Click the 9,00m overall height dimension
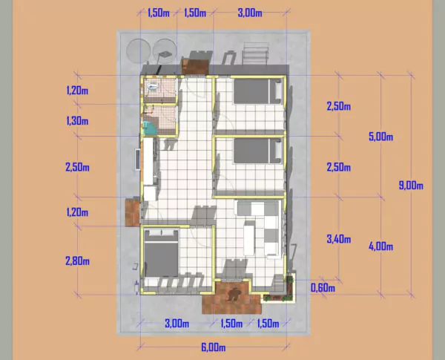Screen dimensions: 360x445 pos(410,186)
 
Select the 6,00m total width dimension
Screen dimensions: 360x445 pos(213,347)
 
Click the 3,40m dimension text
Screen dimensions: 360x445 pos(339,238)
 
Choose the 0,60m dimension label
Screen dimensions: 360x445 pos(323,288)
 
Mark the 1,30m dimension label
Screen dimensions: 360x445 pos(77,121)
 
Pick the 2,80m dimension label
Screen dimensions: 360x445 pos(77,261)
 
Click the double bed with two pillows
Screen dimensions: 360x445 pos(160,255)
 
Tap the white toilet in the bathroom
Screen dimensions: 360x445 pos(153,88)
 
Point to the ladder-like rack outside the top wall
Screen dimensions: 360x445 pos(254,54)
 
